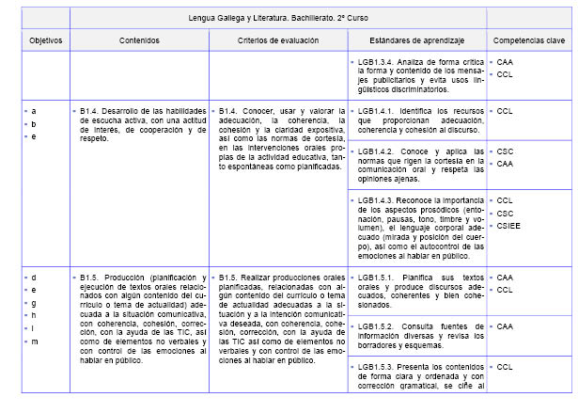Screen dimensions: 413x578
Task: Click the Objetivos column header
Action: [45, 40]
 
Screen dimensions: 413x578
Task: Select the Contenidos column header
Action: [139, 40]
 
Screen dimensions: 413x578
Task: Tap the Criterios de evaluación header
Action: [278, 40]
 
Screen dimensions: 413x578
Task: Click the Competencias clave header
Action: [529, 40]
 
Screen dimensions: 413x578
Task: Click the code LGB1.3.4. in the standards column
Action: [377, 61]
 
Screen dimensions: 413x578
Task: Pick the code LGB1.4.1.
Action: [377, 110]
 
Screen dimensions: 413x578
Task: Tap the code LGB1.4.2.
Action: [377, 151]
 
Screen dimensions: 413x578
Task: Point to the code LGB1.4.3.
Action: [377, 200]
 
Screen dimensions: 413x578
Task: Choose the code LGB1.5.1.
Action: [377, 278]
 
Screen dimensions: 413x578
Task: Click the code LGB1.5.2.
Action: [377, 326]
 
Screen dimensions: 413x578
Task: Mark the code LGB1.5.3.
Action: [377, 366]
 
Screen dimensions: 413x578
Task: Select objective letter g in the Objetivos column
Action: [34, 303]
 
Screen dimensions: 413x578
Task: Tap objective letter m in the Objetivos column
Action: [35, 341]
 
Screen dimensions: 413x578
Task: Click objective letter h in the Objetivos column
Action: [34, 316]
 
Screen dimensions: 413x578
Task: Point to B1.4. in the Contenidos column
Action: [93, 110]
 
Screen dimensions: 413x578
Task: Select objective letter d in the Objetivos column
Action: [34, 278]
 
